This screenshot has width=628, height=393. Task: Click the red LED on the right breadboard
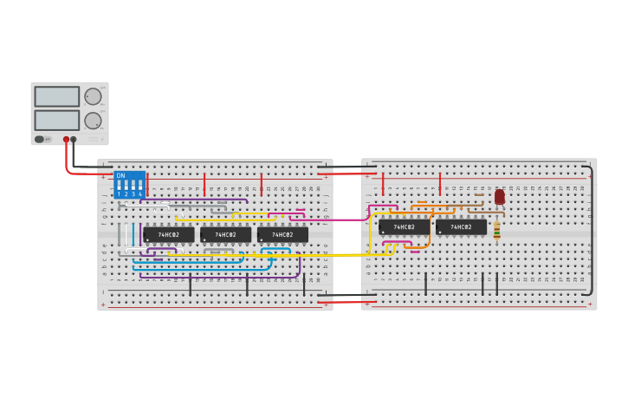500,197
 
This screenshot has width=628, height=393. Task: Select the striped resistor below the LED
496,230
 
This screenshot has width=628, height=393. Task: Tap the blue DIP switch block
129,185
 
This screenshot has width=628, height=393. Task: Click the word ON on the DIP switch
120,176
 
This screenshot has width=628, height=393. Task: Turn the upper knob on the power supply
93,96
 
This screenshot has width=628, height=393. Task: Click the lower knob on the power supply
93,121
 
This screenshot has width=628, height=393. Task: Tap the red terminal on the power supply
66,139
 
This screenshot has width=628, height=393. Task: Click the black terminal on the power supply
74,139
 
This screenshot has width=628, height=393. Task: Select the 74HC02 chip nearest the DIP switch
169,234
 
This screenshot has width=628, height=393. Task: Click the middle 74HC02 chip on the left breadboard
225,234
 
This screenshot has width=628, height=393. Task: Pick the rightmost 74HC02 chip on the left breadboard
282,234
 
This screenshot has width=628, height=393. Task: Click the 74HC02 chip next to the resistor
461,226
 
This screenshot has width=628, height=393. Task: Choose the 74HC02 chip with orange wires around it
404,226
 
